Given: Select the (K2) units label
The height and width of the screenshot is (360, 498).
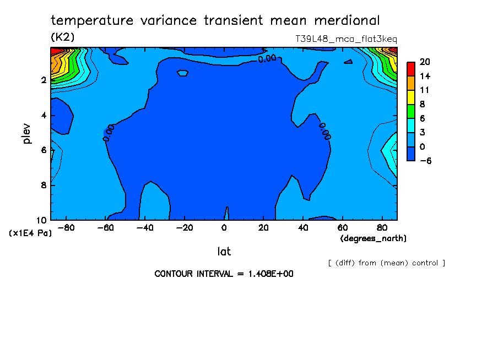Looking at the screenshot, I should [x=63, y=37].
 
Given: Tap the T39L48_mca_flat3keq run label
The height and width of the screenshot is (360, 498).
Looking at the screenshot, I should [x=346, y=39].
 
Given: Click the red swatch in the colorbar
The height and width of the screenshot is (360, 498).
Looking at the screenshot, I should [x=410, y=69].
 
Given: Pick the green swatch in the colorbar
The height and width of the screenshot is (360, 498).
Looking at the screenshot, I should [x=410, y=111].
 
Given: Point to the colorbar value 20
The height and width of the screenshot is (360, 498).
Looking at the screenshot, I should [x=425, y=62].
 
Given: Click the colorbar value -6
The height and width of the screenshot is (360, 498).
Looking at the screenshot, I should [x=425, y=161].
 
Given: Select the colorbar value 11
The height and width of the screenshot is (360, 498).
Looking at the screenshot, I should [x=424, y=90].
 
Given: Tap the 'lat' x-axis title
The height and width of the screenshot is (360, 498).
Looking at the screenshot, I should [x=224, y=252].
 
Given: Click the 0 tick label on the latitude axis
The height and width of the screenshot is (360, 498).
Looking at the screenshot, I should [x=224, y=227].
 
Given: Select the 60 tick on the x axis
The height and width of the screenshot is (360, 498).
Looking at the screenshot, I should [x=342, y=227].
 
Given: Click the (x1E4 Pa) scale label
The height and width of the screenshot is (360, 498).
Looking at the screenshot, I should [x=31, y=233].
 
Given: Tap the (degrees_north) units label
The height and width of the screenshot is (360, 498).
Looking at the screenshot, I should [x=373, y=238].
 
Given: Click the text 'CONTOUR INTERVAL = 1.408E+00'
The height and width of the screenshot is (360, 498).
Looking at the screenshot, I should [x=224, y=274].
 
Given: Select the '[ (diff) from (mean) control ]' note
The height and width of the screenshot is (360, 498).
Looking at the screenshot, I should [x=386, y=263].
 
